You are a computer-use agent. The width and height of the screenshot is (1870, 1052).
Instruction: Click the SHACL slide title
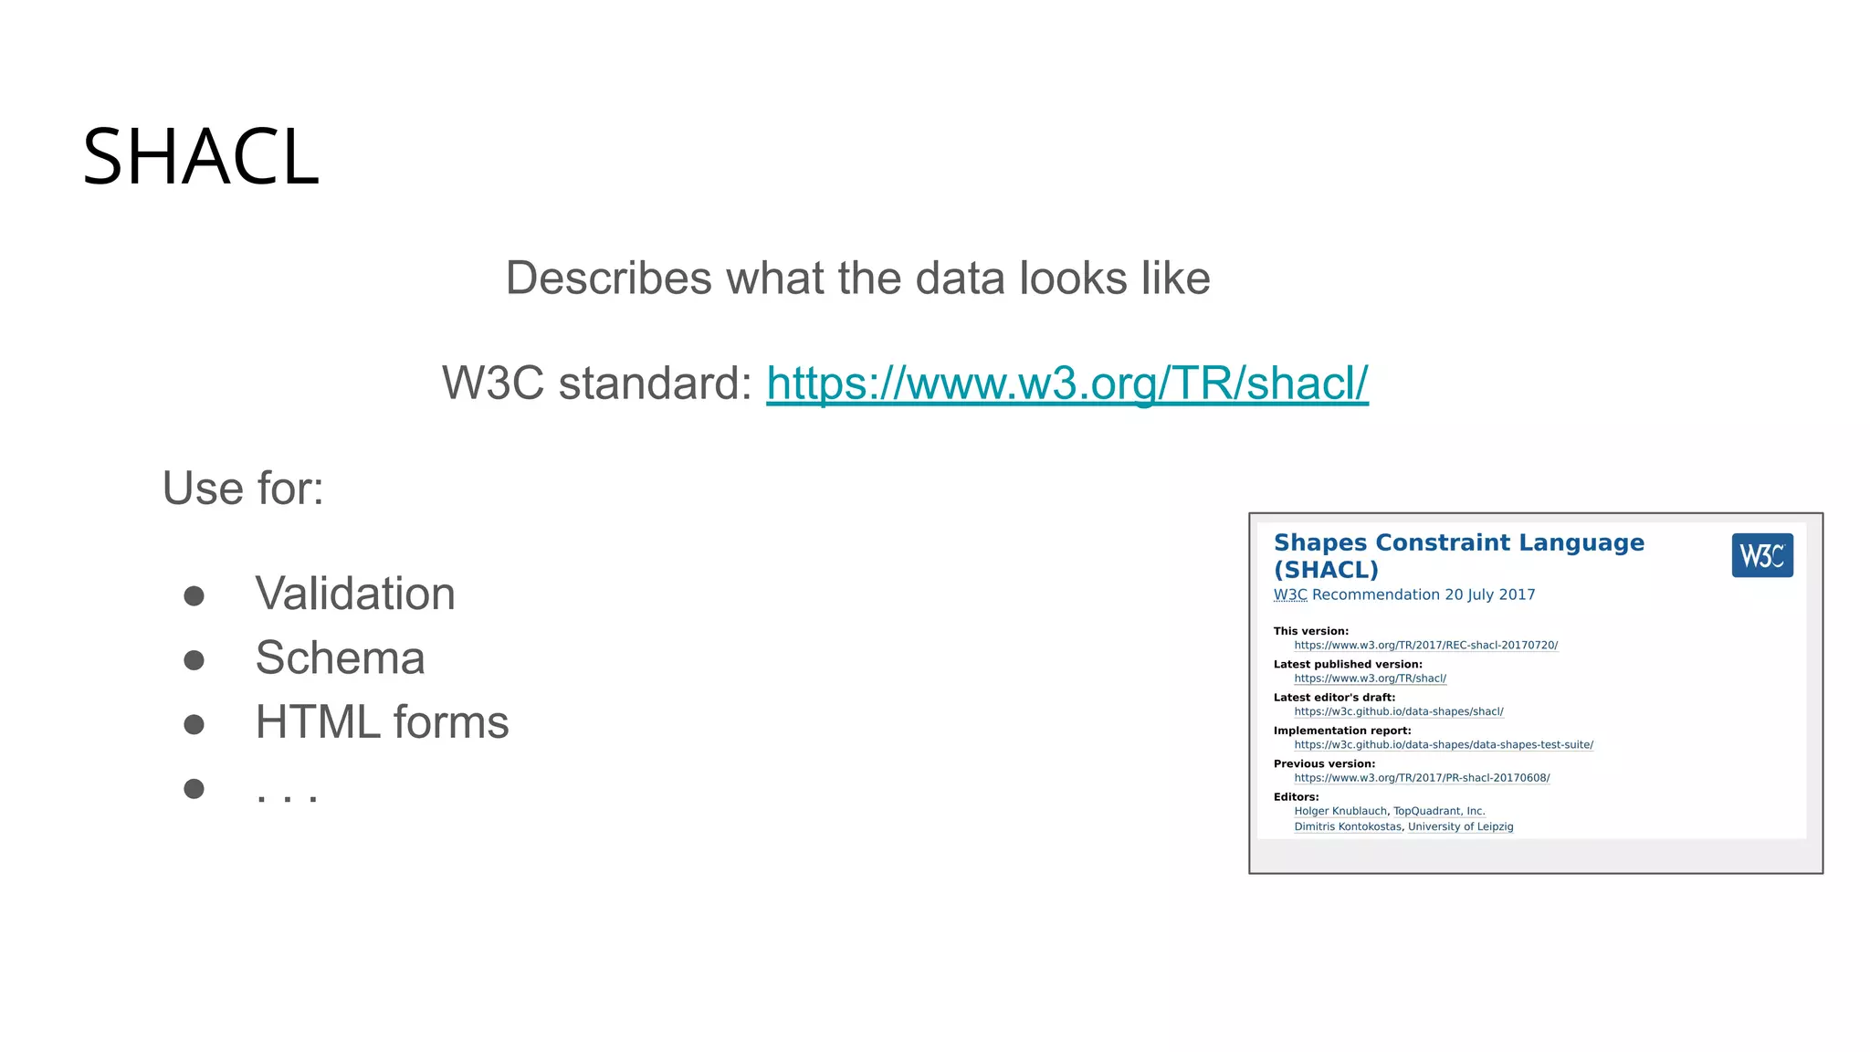coord(201,157)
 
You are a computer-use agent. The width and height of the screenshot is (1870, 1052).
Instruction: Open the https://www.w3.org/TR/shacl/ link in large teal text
coord(1066,383)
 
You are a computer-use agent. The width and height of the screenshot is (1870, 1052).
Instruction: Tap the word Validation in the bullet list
coord(355,594)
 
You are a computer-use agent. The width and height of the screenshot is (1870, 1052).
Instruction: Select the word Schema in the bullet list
coord(340,657)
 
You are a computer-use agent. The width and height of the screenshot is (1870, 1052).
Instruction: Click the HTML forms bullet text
coord(382,722)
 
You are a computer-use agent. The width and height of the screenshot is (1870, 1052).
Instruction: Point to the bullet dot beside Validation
coord(194,596)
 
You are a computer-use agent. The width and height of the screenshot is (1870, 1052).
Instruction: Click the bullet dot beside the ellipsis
coord(194,788)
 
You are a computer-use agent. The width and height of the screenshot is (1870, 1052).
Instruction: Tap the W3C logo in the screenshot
coord(1761,555)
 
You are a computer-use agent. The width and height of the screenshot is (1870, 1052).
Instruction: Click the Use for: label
coord(243,489)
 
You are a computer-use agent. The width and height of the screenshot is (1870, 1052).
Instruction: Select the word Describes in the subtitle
coord(608,278)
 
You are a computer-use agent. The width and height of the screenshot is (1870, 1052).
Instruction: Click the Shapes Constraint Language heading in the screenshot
coord(1458,543)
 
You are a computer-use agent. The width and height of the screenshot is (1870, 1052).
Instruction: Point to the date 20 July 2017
coord(1489,594)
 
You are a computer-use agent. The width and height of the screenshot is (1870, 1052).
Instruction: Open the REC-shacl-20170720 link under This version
coord(1425,646)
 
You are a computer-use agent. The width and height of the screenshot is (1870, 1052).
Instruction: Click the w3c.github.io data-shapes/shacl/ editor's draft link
coord(1398,712)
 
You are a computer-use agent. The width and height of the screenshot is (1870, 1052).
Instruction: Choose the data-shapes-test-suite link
coord(1443,745)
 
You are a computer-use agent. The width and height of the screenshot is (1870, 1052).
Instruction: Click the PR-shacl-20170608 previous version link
coord(1422,778)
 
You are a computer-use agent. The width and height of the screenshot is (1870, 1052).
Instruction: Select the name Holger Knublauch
coord(1339,811)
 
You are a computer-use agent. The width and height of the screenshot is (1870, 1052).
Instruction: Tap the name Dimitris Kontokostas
coord(1347,826)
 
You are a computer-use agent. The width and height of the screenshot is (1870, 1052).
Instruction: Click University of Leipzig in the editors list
coord(1460,826)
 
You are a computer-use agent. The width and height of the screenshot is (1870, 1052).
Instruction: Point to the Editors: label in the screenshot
coord(1296,796)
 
